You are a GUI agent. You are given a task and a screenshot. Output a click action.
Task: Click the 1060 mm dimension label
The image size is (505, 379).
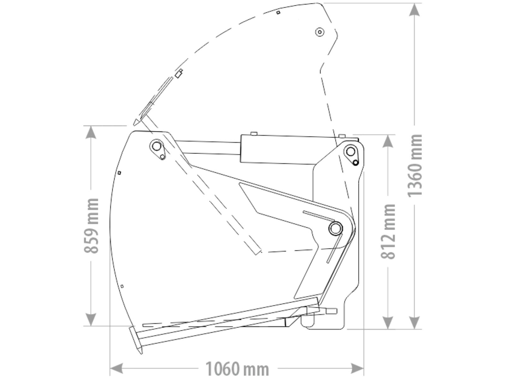click(x=237, y=369)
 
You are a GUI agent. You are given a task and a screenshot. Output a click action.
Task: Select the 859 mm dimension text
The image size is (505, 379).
click(x=91, y=226)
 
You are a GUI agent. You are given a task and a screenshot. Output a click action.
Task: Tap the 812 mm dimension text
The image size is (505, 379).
click(x=388, y=232)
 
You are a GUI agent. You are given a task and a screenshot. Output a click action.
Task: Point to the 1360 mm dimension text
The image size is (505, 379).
click(x=415, y=166)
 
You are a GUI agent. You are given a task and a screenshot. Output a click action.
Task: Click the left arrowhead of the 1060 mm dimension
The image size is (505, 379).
click(x=116, y=369)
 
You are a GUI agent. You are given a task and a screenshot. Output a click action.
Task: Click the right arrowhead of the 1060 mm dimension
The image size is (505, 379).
click(x=357, y=369)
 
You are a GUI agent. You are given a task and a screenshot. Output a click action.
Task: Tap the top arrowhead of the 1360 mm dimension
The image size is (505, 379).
click(x=414, y=10)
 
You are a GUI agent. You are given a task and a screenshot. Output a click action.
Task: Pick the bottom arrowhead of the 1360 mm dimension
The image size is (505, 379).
click(x=414, y=322)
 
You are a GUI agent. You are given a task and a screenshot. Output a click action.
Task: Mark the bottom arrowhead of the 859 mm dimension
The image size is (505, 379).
click(x=91, y=320)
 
